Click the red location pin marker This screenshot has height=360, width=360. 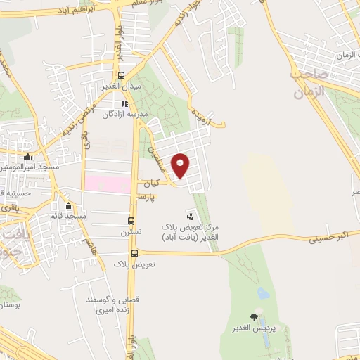point(181,165)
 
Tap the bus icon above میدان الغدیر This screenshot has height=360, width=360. point(121,75)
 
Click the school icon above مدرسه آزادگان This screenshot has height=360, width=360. point(124,103)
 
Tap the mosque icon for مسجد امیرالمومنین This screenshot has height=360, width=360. point(27,156)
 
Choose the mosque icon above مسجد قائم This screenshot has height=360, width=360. point(68,206)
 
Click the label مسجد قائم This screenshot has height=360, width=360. point(68,216)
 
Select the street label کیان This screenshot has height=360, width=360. point(152,183)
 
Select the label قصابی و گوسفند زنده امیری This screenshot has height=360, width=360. point(112,304)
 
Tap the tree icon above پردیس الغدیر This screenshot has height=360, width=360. point(254,318)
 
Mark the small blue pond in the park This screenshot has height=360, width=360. point(263,292)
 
